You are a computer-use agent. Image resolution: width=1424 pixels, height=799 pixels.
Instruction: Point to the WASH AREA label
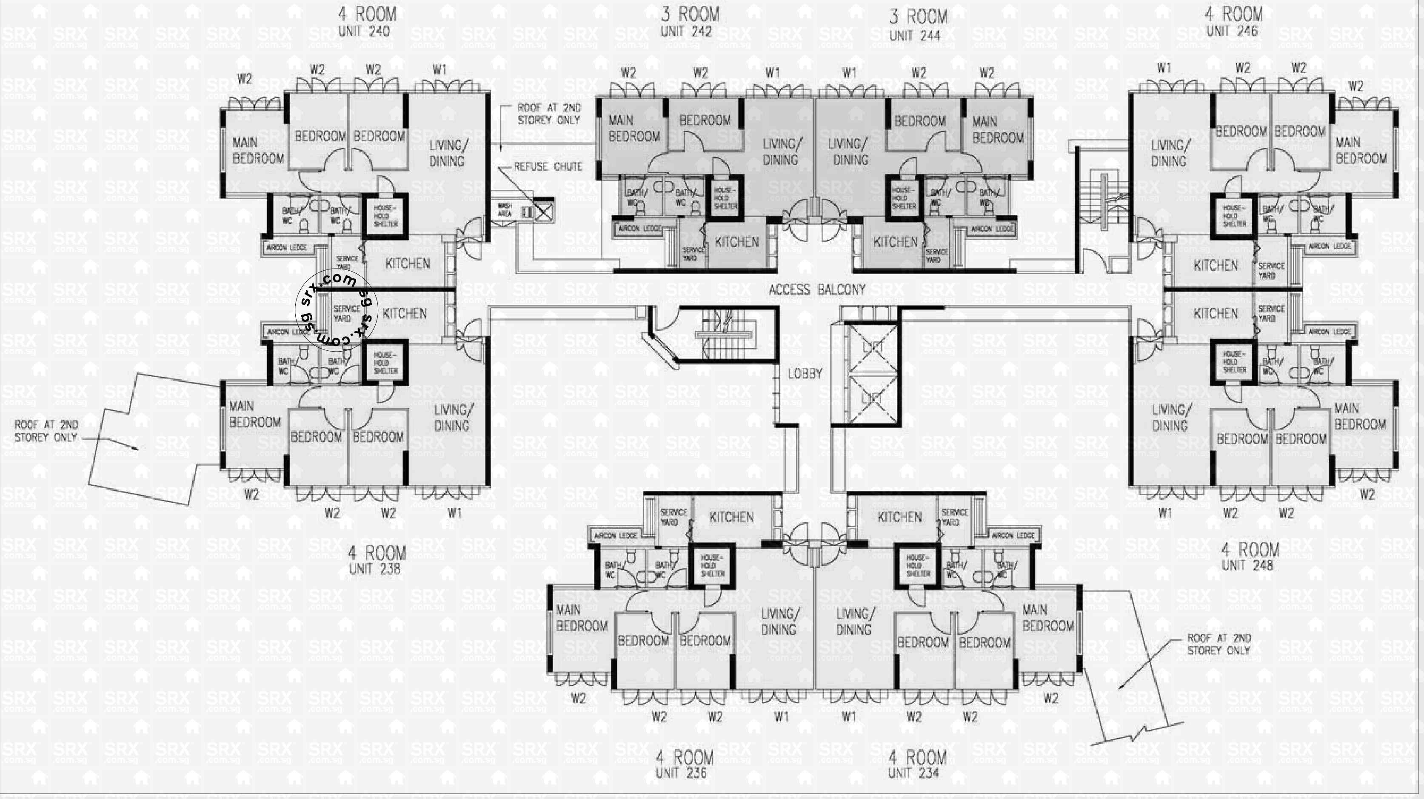(x=504, y=210)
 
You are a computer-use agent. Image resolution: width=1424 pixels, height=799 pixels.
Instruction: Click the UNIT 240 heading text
(x=364, y=31)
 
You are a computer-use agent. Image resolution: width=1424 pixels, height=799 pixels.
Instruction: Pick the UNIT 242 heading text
(x=685, y=31)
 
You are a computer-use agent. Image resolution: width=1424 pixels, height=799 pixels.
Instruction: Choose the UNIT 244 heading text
(x=914, y=35)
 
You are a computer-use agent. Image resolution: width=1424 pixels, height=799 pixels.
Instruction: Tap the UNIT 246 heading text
(x=1232, y=31)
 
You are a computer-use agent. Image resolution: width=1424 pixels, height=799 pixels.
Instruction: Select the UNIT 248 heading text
(x=1247, y=565)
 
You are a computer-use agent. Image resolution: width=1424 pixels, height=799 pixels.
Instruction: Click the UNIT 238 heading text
(x=374, y=568)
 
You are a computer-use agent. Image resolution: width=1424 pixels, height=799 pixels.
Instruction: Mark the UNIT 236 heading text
(x=681, y=773)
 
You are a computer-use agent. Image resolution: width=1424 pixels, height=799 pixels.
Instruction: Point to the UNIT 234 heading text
(x=913, y=773)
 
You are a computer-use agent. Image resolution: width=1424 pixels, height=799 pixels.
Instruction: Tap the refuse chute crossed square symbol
(x=543, y=211)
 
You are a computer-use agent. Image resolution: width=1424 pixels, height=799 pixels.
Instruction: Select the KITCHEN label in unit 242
(x=736, y=242)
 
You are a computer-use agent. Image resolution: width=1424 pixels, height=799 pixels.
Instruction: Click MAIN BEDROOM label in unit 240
(x=257, y=150)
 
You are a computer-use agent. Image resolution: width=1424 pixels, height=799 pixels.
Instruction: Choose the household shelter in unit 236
(x=712, y=566)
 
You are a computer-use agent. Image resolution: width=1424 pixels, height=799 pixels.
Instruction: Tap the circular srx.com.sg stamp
(x=337, y=309)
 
